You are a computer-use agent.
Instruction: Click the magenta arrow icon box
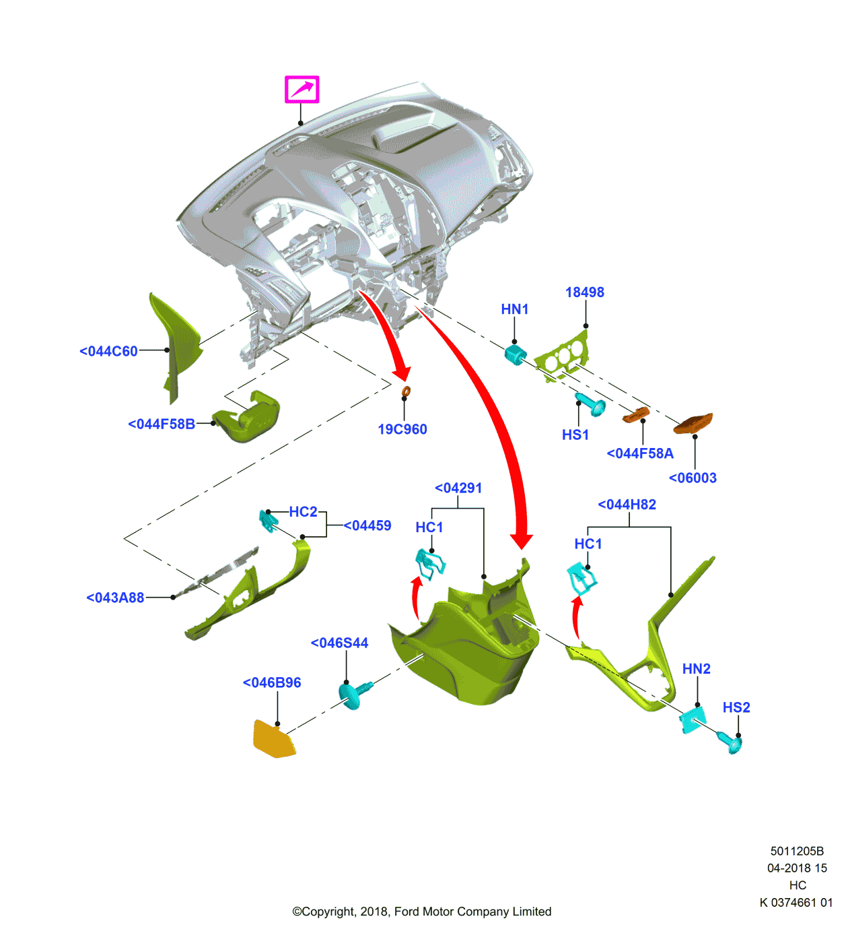coord(302,89)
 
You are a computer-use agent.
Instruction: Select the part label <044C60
coord(108,351)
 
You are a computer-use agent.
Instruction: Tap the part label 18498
coord(584,292)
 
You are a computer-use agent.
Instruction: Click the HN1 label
coord(514,309)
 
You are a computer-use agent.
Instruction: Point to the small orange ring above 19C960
coord(406,391)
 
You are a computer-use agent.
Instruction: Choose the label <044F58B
coord(162,424)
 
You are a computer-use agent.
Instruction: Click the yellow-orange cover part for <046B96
coord(273,739)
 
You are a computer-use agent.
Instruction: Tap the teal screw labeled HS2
coord(731,742)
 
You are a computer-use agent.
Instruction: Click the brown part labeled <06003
coord(693,423)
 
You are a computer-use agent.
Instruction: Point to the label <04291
coord(458,488)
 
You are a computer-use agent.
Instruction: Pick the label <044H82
coord(627,505)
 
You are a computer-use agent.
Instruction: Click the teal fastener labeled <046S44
coord(354,694)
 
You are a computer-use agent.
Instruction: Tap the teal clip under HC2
coord(269,520)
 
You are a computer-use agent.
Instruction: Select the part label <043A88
coord(115,598)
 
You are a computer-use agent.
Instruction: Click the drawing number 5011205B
coord(797,851)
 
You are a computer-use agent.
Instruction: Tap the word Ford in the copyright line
coord(407,912)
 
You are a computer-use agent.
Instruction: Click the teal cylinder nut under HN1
coord(515,354)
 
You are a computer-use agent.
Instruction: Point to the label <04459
coord(367,525)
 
